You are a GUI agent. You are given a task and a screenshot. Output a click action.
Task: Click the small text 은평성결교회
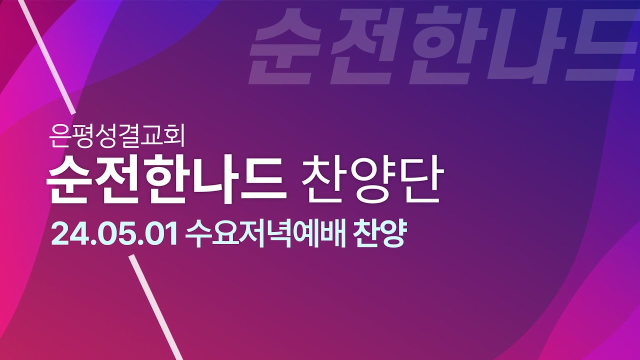pyautogui.click(x=117, y=136)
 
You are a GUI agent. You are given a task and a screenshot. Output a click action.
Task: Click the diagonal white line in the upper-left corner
pyautogui.click(x=47, y=56)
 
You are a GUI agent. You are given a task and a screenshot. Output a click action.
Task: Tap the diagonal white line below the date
pyautogui.click(x=155, y=307)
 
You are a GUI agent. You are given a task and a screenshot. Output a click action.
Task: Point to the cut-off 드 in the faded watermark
pyautogui.click(x=603, y=45)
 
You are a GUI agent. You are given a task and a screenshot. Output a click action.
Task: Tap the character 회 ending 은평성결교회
pyautogui.click(x=174, y=136)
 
